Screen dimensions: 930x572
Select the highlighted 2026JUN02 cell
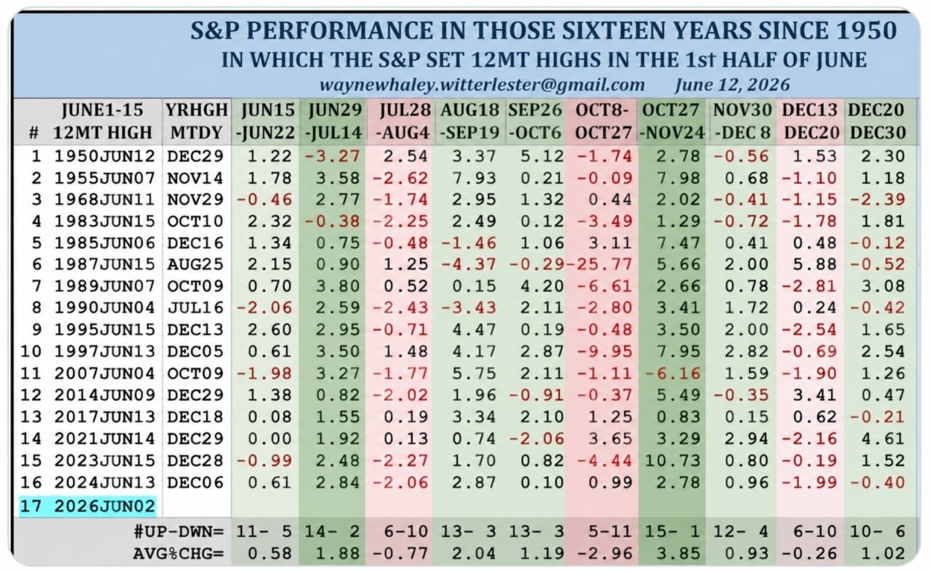(88, 507)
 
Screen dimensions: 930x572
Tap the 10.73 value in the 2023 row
(673, 461)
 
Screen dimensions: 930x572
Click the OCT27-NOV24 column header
(671, 121)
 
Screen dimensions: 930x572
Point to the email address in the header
(482, 85)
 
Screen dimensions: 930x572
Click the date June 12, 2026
(732, 85)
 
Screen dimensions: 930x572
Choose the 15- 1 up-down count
(673, 531)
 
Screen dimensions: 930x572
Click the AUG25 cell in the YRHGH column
(195, 264)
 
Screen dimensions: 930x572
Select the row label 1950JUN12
(105, 156)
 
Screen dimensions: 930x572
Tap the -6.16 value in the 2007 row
(673, 373)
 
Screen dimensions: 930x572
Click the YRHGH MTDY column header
(197, 121)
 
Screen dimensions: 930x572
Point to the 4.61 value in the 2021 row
(883, 439)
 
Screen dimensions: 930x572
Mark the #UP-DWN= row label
(179, 531)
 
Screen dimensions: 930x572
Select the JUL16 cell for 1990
(195, 308)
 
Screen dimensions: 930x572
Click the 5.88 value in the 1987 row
(814, 264)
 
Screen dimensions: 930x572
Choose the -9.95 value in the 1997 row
(605, 352)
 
